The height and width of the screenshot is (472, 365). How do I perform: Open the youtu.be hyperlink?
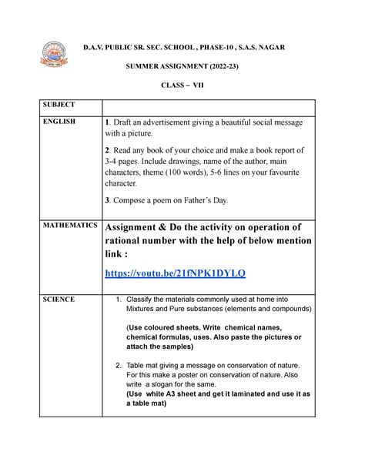(x=175, y=273)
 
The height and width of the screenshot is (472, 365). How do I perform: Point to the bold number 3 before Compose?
(x=108, y=200)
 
